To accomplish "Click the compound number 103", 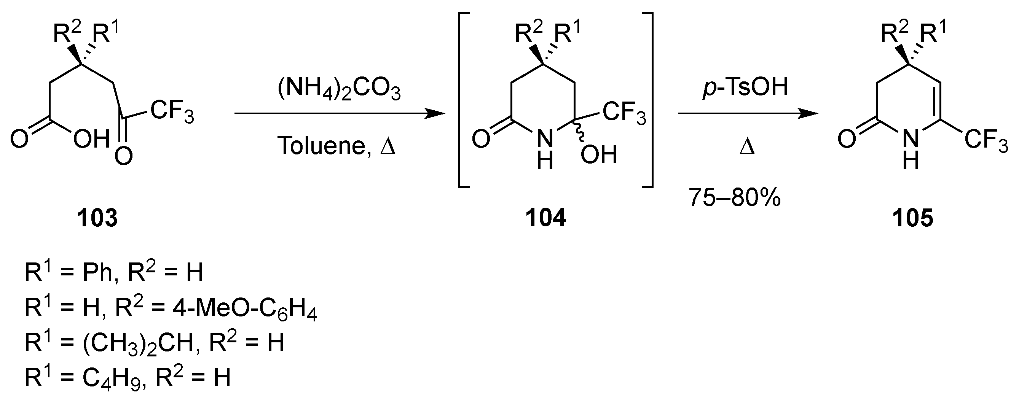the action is [98, 218].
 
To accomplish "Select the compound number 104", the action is [545, 218].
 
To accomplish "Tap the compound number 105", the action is [913, 218].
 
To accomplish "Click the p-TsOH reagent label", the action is [745, 87].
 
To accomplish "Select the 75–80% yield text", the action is [735, 197].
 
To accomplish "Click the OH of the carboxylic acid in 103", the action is [91, 139].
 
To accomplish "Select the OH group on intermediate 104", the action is [599, 154].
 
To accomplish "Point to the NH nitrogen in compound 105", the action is [911, 139].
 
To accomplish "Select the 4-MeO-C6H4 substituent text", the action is [244, 308].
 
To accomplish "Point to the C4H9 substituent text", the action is [112, 377].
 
